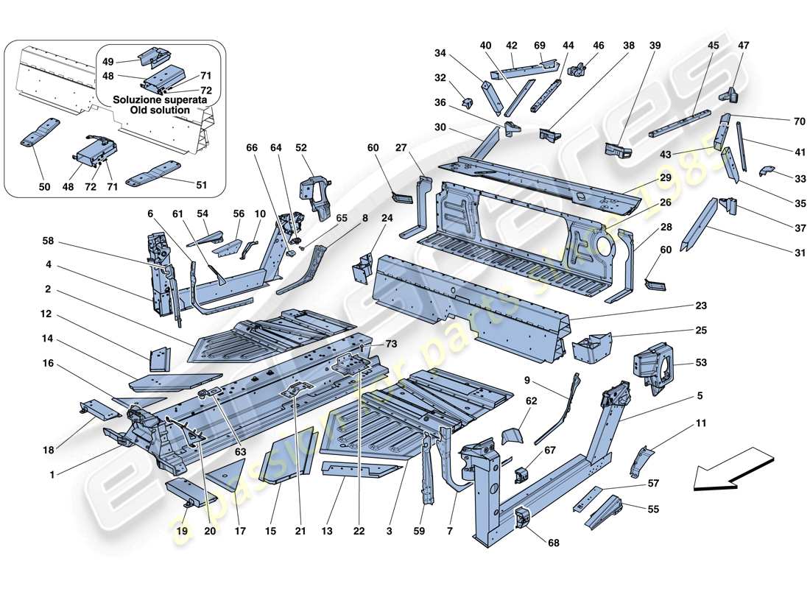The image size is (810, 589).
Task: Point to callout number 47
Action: tap(743, 46)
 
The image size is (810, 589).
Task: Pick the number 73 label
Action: tap(390, 345)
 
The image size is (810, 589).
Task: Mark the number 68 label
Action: tap(553, 543)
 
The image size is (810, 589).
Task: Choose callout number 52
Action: tap(301, 147)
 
